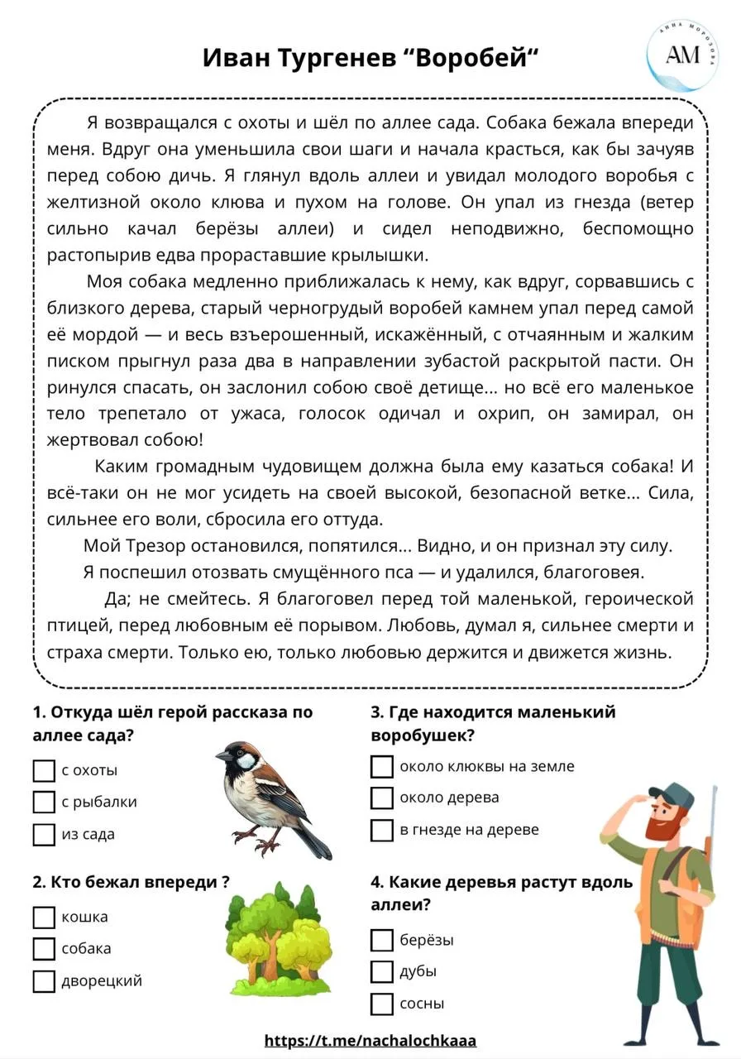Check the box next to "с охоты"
coord(44,771)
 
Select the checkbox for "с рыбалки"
coord(44,803)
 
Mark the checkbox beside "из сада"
coord(44,835)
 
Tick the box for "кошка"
coord(44,918)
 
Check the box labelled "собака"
coord(44,949)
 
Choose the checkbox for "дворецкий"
coord(44,981)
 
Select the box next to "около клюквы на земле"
coord(381,767)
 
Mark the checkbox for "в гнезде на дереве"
coord(381,830)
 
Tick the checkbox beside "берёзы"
coord(381,940)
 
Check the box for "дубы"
coord(381,972)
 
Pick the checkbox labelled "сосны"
coord(381,1004)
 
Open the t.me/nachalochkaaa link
coord(370,1041)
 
